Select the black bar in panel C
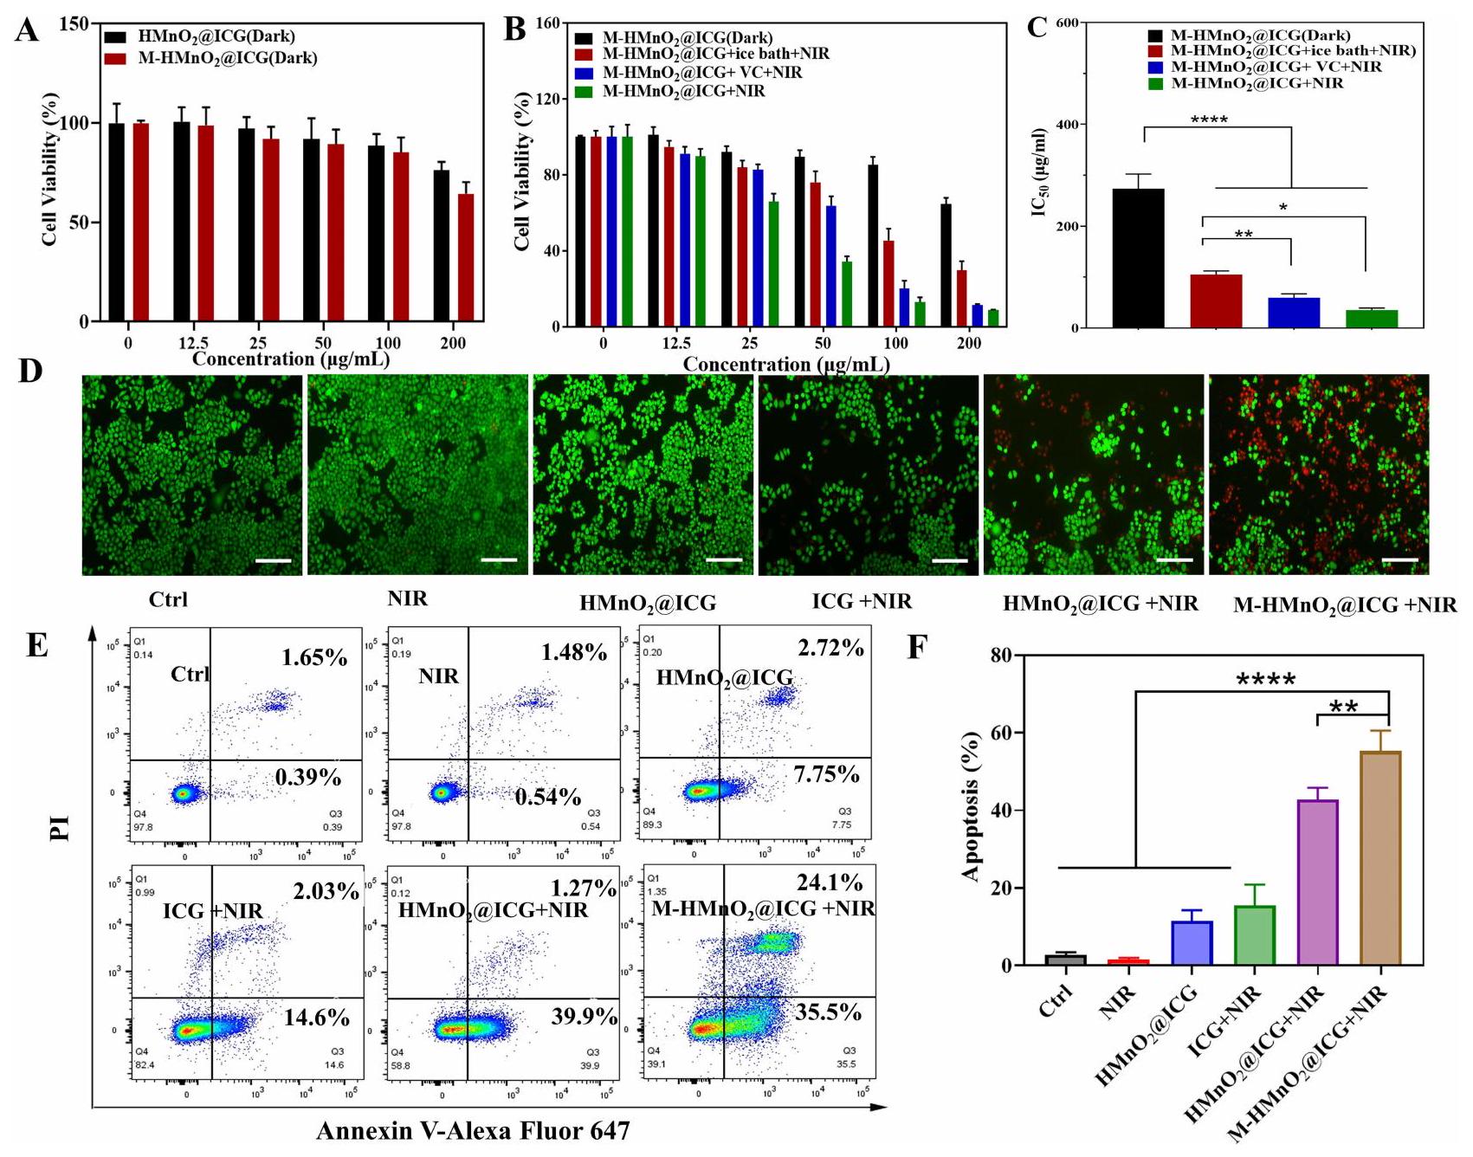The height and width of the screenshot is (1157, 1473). (x=1138, y=258)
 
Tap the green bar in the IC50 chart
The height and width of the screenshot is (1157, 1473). (x=1372, y=318)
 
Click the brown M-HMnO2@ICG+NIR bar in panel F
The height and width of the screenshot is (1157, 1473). (x=1380, y=857)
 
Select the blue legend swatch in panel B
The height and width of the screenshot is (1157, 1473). (x=584, y=73)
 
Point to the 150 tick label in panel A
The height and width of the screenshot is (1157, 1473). (x=74, y=23)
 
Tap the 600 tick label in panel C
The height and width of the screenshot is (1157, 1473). (x=1066, y=23)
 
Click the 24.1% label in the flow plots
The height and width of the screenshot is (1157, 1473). (x=830, y=882)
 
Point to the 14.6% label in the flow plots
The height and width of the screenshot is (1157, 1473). (x=317, y=1018)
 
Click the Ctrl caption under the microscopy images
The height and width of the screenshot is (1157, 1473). (x=168, y=599)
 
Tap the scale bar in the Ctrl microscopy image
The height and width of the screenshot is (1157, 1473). (x=274, y=560)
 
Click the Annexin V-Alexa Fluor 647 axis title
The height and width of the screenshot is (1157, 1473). (x=473, y=1131)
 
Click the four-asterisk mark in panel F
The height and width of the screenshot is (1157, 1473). (x=1265, y=680)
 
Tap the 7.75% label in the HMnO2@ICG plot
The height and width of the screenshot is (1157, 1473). (x=826, y=774)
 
